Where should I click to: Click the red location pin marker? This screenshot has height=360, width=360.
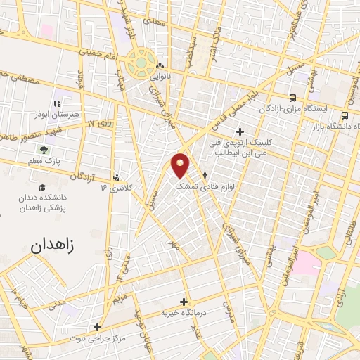(x=181, y=165)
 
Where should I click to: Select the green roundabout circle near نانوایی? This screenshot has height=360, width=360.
(x=141, y=62)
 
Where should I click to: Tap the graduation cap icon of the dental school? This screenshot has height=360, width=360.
(x=43, y=188)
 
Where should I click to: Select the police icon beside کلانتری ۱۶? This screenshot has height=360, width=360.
(x=116, y=177)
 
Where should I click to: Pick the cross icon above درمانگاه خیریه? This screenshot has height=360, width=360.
(x=184, y=302)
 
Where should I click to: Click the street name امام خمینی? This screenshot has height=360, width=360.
(x=88, y=50)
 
